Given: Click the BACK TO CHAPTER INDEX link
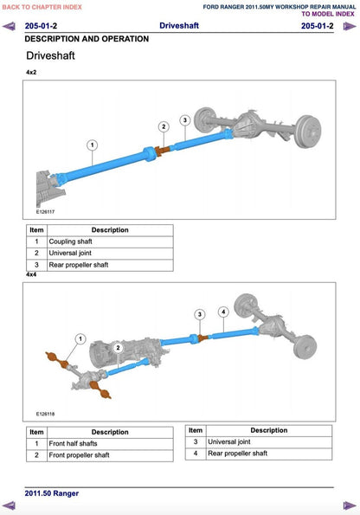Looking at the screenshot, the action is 42,7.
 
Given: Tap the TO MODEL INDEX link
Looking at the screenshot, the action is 328,14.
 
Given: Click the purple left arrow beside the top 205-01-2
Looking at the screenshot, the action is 9,26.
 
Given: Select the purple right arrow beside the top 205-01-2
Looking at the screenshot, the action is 350,26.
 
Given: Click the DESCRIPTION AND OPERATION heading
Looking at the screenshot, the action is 87,39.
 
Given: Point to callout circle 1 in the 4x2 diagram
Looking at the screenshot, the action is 93,145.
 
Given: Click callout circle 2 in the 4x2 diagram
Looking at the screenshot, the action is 164,126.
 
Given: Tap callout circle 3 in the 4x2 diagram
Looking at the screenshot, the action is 185,120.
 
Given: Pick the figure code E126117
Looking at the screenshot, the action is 45,212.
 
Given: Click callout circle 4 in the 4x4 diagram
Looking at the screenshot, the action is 223,312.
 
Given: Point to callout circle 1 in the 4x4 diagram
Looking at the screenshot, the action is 80,338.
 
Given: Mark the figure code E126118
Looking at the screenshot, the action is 45,414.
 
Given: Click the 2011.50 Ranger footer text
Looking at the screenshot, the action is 52,493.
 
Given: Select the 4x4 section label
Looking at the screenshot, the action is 31,274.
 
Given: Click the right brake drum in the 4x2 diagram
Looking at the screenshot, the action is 308,132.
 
